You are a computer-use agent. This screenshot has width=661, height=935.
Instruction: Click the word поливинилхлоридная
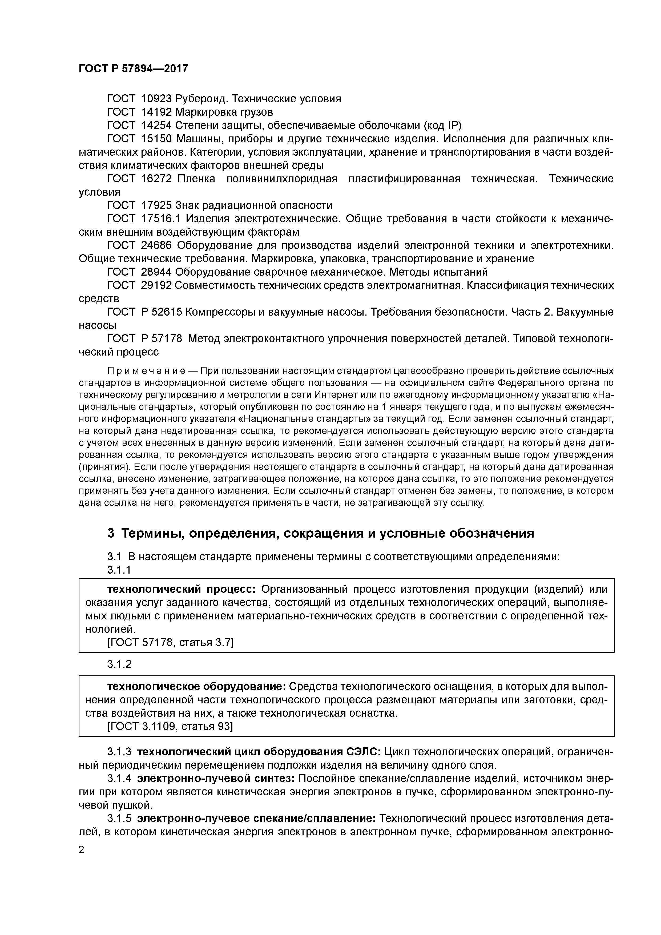click(281, 179)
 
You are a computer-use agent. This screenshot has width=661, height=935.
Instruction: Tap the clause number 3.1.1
click(119, 570)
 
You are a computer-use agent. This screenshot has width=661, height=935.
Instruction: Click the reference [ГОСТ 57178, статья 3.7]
click(170, 642)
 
